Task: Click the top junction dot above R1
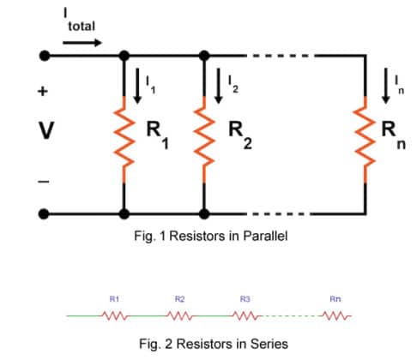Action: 125,56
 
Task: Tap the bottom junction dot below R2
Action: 204,213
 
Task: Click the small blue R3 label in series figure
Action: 245,299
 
